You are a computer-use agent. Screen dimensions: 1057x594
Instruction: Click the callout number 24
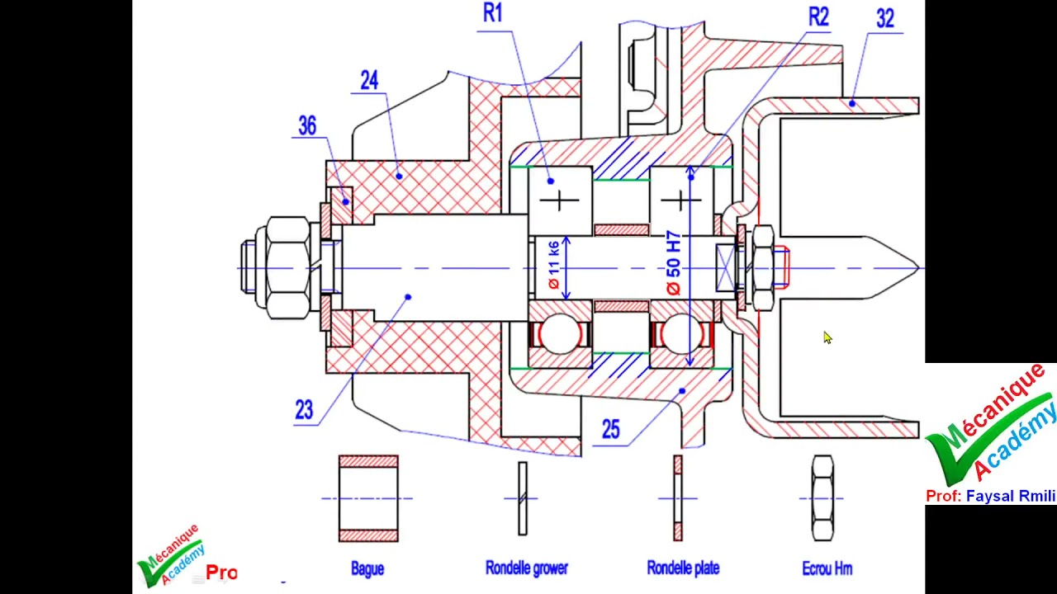[x=369, y=81]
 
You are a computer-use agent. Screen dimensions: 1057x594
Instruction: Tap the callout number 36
[x=307, y=126]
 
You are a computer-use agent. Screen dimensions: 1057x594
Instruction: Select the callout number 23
[x=304, y=410]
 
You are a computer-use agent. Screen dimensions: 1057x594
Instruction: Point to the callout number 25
[x=610, y=430]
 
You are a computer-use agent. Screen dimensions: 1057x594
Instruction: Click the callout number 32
[x=885, y=19]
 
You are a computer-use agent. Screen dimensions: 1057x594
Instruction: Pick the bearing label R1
[x=493, y=13]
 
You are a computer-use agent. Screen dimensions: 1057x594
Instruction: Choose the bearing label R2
[x=818, y=17]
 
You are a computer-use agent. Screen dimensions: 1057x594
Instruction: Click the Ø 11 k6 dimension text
[x=554, y=265]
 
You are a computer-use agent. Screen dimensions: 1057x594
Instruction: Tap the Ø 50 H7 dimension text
[x=674, y=263]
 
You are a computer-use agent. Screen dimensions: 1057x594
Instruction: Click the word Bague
[x=367, y=569]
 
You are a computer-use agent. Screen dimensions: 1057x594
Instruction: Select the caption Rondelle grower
[x=527, y=568]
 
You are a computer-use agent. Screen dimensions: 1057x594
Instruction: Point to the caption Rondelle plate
[x=683, y=568]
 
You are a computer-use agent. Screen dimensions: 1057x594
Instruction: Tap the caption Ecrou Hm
[x=827, y=569]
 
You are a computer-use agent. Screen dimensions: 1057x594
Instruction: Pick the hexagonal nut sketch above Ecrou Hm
[x=822, y=497]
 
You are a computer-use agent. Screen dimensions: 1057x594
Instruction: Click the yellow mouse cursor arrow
[x=827, y=337]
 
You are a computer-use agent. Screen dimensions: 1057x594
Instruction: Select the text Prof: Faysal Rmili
[x=990, y=496]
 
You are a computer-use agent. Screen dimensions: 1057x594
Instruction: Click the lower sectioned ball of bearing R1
[x=560, y=334]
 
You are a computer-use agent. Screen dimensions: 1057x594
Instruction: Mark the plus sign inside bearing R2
[x=680, y=200]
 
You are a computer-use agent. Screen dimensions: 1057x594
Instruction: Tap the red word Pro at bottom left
[x=221, y=573]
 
